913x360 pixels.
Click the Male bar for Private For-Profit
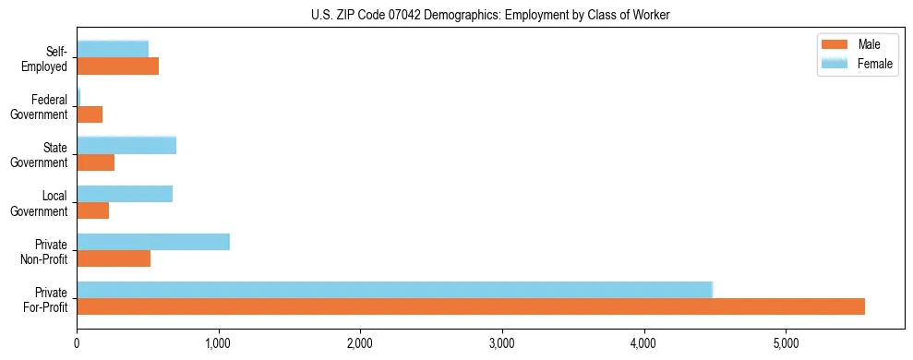pyautogui.click(x=471, y=306)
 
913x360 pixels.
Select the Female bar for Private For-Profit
pyautogui.click(x=394, y=289)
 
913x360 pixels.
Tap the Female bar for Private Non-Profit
pyautogui.click(x=153, y=242)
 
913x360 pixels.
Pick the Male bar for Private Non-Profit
pyautogui.click(x=114, y=258)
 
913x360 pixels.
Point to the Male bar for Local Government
pyautogui.click(x=93, y=210)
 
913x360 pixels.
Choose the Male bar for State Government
pyautogui.click(x=96, y=162)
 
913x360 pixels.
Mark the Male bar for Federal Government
pyautogui.click(x=90, y=114)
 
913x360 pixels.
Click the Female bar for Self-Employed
pyautogui.click(x=113, y=49)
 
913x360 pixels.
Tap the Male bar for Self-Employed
pyautogui.click(x=118, y=66)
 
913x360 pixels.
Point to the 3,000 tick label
pyautogui.click(x=501, y=344)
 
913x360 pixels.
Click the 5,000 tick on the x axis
pyautogui.click(x=786, y=344)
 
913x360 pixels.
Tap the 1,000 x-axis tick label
pyautogui.click(x=218, y=344)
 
